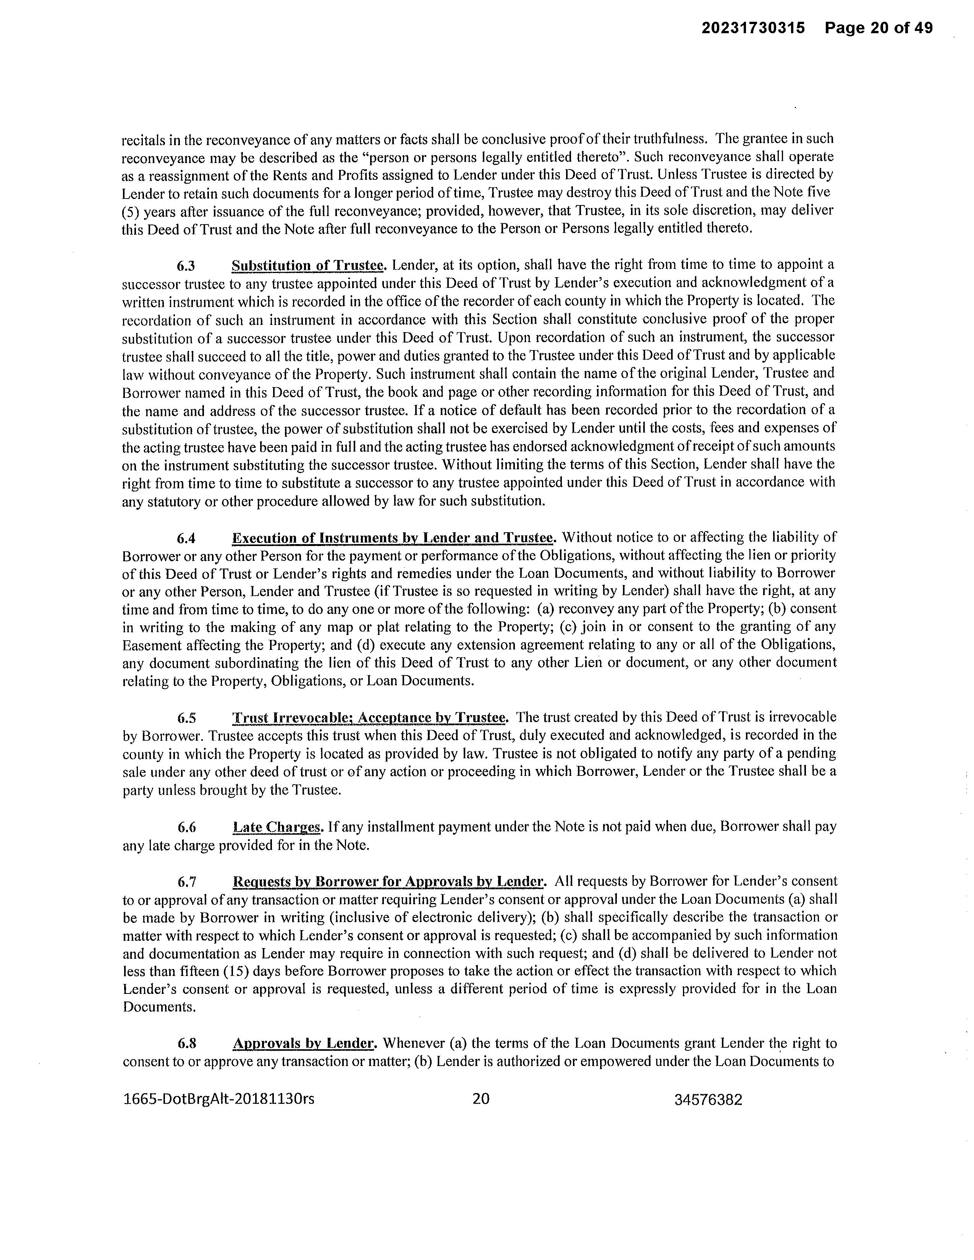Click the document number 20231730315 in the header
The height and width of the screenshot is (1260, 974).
753,28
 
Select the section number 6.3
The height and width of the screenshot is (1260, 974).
186,266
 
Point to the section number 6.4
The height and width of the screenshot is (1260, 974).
186,539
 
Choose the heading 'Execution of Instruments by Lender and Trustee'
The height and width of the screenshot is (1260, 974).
392,539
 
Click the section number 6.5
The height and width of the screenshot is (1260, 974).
186,718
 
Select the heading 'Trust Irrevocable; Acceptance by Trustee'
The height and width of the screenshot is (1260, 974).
369,718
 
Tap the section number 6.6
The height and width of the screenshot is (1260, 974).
186,828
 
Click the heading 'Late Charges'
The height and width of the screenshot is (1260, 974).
277,828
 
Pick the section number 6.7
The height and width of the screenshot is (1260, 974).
186,882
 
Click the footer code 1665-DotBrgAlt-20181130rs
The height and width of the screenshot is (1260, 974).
219,1099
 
